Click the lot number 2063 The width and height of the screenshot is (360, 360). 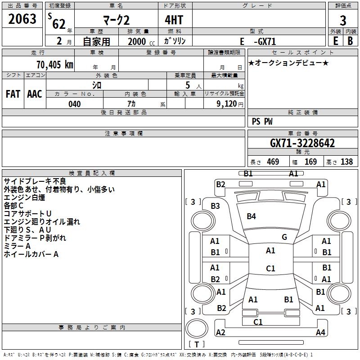[22, 19]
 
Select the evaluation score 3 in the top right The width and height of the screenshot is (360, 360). [343, 20]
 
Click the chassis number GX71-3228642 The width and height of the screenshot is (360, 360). [302, 144]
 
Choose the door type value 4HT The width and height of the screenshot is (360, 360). [174, 20]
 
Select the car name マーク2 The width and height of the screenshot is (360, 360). [116, 21]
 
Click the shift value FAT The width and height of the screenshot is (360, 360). [13, 94]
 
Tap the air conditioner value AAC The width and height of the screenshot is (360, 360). [35, 94]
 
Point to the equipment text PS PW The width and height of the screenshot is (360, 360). [262, 121]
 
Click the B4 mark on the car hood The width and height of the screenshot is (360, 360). [251, 216]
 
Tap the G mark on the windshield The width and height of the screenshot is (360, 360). [284, 237]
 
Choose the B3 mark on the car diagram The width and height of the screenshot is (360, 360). [216, 206]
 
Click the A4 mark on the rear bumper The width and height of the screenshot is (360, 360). [320, 333]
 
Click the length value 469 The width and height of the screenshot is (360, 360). [272, 162]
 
